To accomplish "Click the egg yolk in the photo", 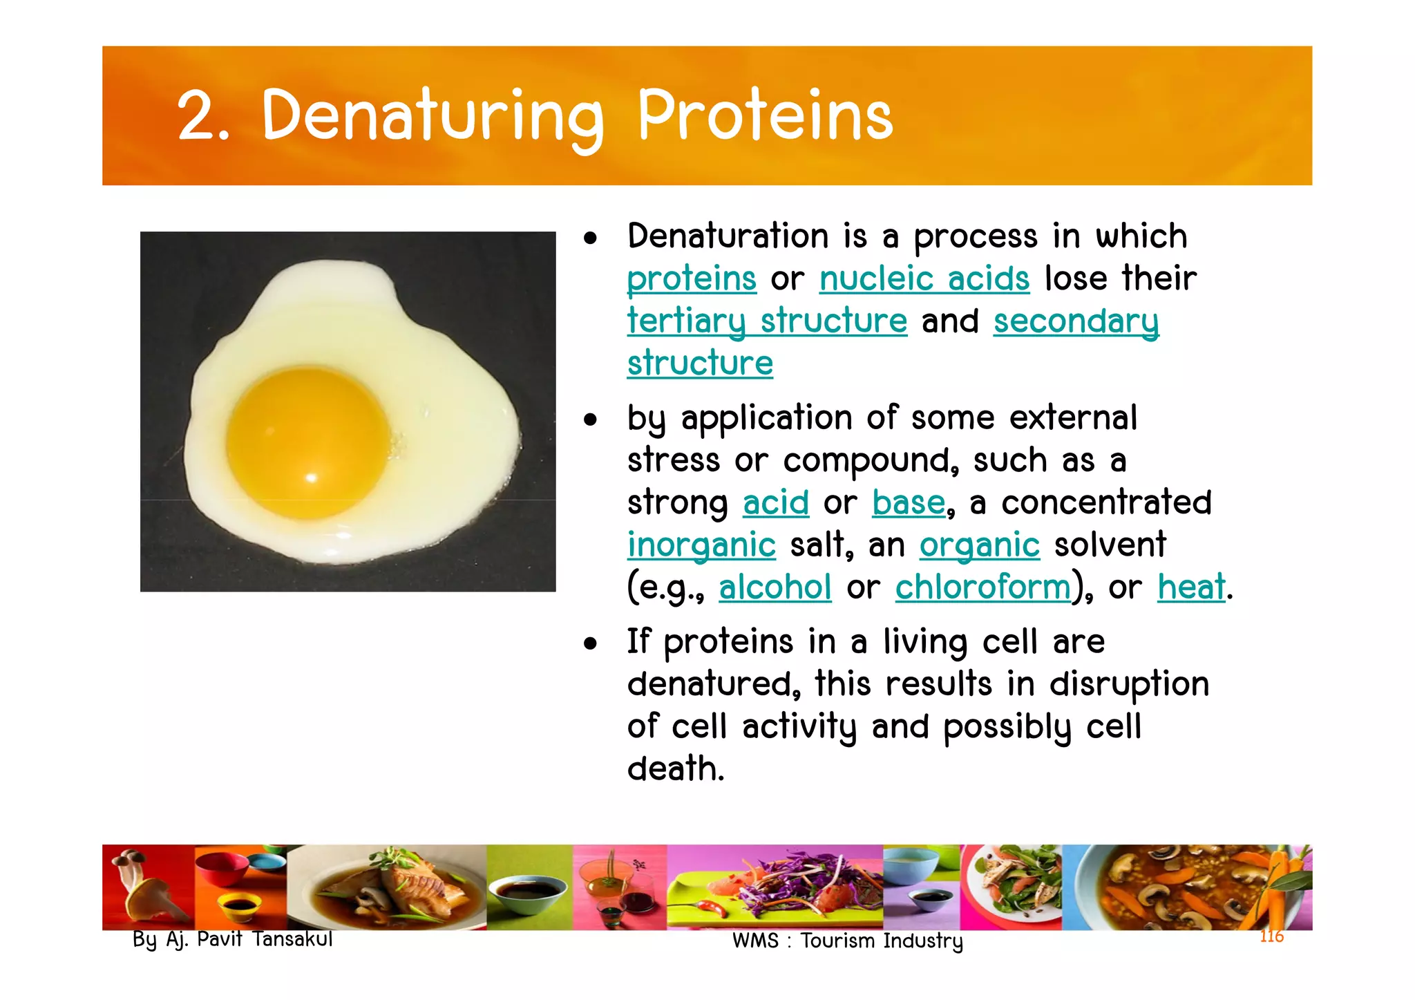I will (x=308, y=442).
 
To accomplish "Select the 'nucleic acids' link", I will (x=924, y=279).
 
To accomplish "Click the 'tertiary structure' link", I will (x=766, y=321).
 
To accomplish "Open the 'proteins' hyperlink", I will (x=691, y=279).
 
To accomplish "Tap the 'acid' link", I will (x=775, y=502).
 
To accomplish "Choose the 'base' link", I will (x=908, y=502).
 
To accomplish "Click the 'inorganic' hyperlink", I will (x=701, y=545).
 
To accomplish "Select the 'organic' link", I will (x=979, y=545).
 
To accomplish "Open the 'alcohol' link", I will (x=775, y=587).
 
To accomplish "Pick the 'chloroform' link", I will (x=982, y=587).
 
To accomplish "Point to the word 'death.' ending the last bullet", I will (x=675, y=769).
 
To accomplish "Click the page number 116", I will (x=1271, y=936).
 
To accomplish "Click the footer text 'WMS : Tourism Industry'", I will (x=847, y=941).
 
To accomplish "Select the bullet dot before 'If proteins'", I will (x=589, y=644).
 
